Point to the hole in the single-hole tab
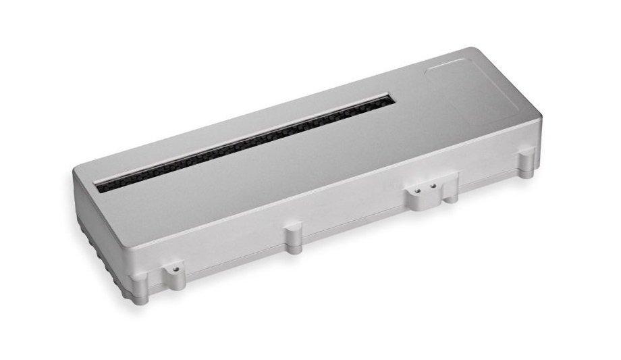coord(175,268)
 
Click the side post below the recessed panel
coord(526,164)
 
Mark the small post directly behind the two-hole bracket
coord(449,191)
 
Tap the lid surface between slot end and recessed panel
coord(412,101)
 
